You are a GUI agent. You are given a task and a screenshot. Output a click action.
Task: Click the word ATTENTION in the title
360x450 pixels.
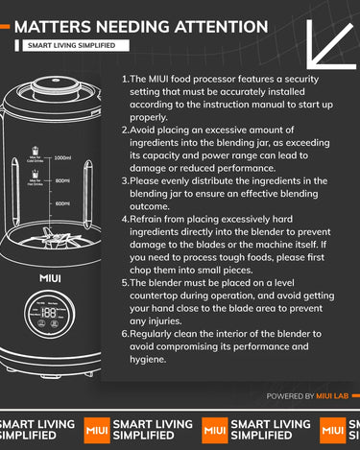[222, 27]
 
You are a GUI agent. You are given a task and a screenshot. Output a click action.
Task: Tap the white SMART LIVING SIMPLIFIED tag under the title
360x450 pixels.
[76, 45]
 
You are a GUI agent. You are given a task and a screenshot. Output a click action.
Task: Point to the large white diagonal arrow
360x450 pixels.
[331, 45]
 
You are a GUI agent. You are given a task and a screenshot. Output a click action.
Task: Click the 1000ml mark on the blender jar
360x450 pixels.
[62, 157]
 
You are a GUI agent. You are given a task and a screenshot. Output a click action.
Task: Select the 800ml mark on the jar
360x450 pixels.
[62, 180]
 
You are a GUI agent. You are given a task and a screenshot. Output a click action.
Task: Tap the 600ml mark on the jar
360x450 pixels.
[62, 203]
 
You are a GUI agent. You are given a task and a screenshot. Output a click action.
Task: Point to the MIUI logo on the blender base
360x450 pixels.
[50, 278]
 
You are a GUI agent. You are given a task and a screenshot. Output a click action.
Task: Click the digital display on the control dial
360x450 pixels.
[49, 313]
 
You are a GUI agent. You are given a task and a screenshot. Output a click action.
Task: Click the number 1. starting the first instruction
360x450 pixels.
[126, 79]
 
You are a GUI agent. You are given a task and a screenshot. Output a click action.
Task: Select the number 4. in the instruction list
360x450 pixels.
[126, 220]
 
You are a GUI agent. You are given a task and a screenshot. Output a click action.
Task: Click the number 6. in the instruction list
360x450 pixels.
[126, 334]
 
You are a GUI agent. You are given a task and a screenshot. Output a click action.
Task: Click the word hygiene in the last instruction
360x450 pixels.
[148, 360]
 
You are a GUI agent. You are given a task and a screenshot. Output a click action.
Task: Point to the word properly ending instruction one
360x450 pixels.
[149, 118]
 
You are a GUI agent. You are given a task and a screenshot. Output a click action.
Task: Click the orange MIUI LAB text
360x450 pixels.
[332, 396]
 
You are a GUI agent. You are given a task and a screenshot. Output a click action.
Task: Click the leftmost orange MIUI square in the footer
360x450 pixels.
[97, 430]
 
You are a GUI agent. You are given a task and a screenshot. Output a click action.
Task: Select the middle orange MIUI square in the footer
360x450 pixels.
[215, 430]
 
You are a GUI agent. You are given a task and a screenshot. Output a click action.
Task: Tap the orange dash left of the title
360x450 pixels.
[5, 27]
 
